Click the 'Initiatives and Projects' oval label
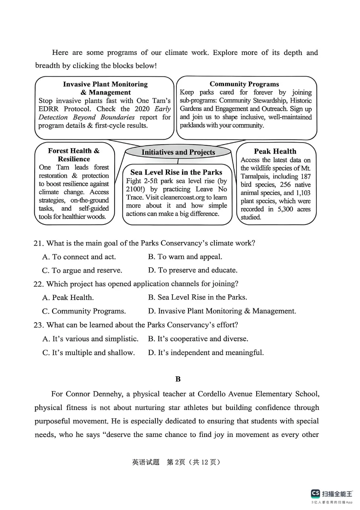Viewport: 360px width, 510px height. coord(178,152)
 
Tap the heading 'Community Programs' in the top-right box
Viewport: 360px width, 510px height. coord(244,84)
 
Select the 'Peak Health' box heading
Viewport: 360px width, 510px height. coord(275,151)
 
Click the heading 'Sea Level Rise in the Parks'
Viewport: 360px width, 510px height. coord(176,172)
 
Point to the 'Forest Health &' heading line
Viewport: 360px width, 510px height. coord(73,151)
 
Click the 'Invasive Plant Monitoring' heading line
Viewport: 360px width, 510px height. coord(105,84)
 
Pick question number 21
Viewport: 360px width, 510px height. coord(38,243)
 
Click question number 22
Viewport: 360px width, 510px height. coord(38,284)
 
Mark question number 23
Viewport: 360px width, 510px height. coord(38,325)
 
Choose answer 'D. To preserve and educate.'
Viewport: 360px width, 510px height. coord(193,270)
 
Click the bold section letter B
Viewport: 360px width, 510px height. coord(178,379)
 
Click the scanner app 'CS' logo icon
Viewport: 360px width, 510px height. coord(315,493)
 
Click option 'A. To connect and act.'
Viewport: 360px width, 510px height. coord(79,257)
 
